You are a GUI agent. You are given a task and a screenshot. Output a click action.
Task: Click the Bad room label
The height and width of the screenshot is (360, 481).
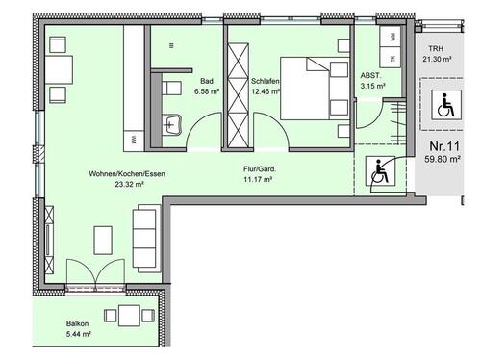point(207,82)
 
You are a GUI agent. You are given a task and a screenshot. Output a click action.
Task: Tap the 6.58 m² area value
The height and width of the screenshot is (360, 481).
point(207,91)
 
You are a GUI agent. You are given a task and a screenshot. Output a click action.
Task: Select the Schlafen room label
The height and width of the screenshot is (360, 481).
point(265,82)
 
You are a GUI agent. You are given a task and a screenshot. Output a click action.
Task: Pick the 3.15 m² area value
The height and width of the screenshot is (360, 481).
point(372,86)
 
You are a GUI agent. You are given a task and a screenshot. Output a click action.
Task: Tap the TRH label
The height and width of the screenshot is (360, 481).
point(438,48)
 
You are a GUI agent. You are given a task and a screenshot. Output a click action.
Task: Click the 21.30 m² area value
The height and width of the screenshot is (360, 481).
point(439,59)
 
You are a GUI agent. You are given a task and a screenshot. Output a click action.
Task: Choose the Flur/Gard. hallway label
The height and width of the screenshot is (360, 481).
point(261,169)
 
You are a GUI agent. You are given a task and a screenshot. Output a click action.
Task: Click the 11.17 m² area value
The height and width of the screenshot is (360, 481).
point(261,179)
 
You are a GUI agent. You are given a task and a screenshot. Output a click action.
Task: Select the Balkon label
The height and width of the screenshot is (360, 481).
point(78,324)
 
